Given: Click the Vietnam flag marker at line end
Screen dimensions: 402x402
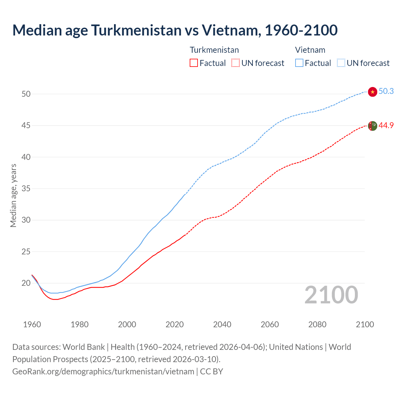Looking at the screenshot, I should pyautogui.click(x=372, y=92).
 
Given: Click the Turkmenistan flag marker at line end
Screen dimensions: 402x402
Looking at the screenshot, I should pyautogui.click(x=372, y=126).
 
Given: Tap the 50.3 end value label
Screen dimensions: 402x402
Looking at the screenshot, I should pyautogui.click(x=386, y=91).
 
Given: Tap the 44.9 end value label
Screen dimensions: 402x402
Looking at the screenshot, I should pyautogui.click(x=386, y=125).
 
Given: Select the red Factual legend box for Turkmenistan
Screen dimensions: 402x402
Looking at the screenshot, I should pyautogui.click(x=194, y=63).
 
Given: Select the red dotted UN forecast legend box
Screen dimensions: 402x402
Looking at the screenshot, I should pyautogui.click(x=236, y=63).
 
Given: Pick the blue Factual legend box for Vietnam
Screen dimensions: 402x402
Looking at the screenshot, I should pyautogui.click(x=299, y=63).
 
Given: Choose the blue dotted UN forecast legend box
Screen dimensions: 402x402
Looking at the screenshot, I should pyautogui.click(x=341, y=63).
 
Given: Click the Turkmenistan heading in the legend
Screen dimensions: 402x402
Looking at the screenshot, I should pyautogui.click(x=214, y=50).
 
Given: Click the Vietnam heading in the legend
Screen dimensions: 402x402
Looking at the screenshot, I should pyautogui.click(x=310, y=50).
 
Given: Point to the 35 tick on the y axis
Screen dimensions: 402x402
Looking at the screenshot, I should pyautogui.click(x=26, y=189).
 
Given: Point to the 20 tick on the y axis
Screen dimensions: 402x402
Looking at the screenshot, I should pyautogui.click(x=26, y=283).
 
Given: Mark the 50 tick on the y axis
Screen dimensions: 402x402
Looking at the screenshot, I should pyautogui.click(x=26, y=94).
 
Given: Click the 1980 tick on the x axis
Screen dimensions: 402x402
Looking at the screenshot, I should pyautogui.click(x=79, y=324).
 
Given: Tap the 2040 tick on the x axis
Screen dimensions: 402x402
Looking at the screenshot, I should pyautogui.click(x=222, y=324).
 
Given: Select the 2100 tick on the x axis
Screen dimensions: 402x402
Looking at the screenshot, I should pyautogui.click(x=365, y=324).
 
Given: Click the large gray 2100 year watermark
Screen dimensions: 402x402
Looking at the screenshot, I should pyautogui.click(x=331, y=295).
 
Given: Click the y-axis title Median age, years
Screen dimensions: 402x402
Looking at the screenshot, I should pyautogui.click(x=13, y=195).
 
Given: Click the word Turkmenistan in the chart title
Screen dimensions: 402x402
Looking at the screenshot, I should pyautogui.click(x=136, y=30).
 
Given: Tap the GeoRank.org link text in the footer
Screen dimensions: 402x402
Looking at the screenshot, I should pyautogui.click(x=103, y=372).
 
